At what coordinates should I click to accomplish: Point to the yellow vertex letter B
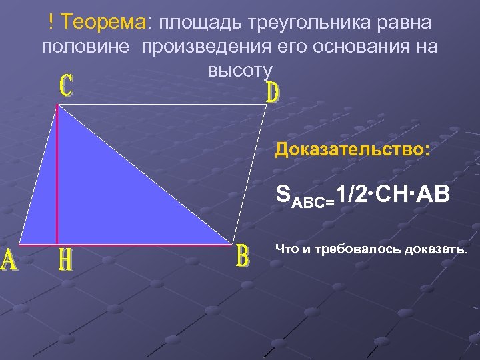click(x=243, y=257)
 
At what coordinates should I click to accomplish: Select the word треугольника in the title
click(x=311, y=22)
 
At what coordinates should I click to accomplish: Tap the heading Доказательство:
click(x=353, y=148)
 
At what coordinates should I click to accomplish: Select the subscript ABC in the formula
click(x=309, y=199)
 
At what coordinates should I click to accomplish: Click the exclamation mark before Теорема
click(x=51, y=22)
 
